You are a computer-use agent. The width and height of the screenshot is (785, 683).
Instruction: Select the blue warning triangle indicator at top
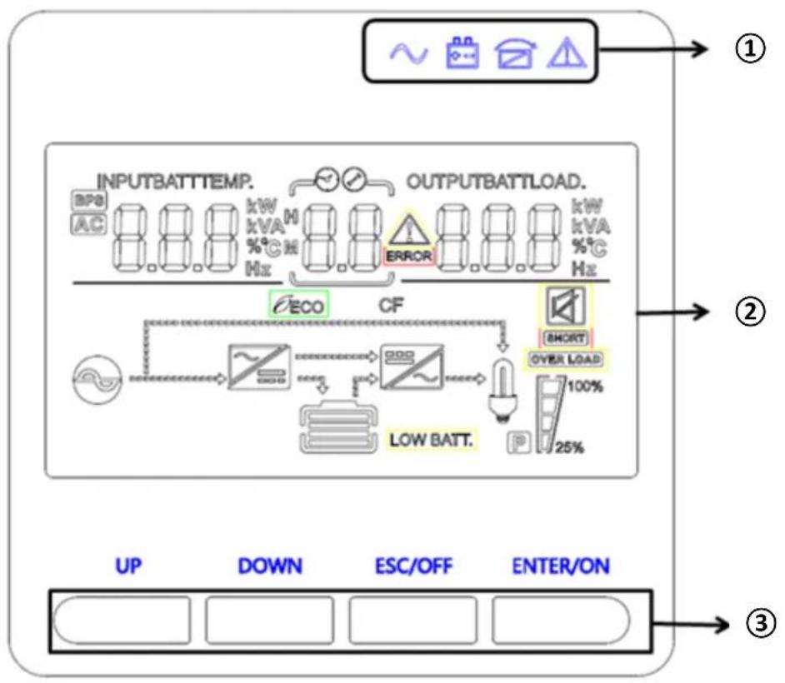[x=567, y=52]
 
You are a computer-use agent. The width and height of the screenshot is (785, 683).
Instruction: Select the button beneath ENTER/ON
[x=560, y=620]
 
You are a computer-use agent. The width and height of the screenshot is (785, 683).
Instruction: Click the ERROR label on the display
[x=408, y=257]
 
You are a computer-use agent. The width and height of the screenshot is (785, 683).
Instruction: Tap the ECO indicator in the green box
[x=298, y=305]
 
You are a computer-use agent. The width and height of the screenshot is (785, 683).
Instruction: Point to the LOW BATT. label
[x=430, y=439]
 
